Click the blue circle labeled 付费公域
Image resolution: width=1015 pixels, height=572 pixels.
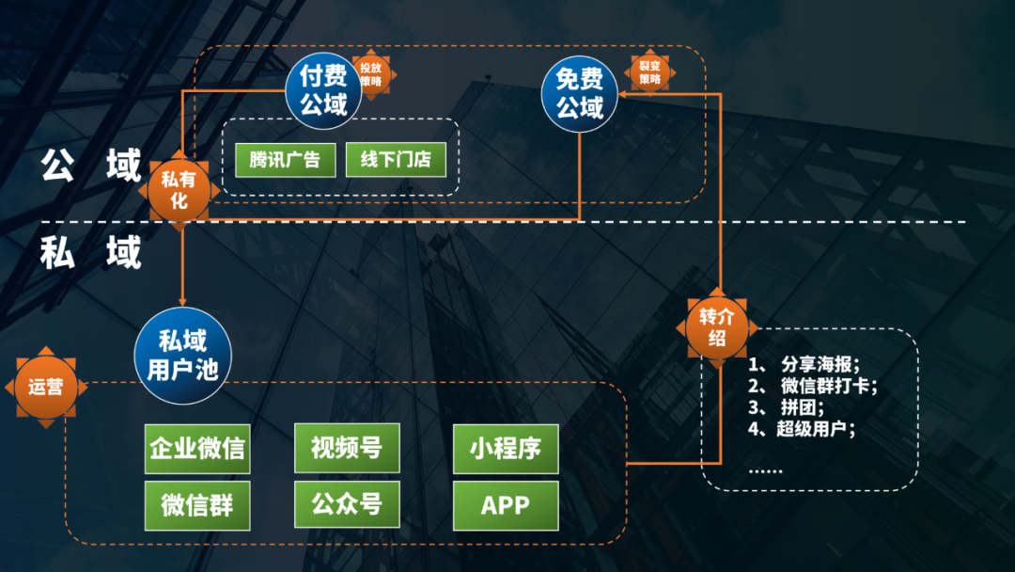coord(323,90)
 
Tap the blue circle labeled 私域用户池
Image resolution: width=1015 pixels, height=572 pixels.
coord(182,355)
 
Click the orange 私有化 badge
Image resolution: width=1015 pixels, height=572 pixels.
coord(179,190)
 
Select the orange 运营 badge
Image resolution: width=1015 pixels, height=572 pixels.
coord(45,386)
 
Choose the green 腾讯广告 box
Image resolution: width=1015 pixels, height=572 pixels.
coord(285,160)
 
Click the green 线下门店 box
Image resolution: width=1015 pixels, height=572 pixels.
coord(389,160)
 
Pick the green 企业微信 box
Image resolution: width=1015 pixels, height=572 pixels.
coord(196,448)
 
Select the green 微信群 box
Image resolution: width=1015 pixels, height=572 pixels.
coord(196,505)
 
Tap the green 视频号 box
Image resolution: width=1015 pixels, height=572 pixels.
coord(347,448)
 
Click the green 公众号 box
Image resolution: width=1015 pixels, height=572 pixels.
coord(347,505)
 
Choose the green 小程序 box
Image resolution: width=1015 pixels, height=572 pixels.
coord(506,448)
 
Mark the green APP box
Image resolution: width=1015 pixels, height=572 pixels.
coord(506,505)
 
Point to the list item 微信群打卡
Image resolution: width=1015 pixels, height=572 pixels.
coord(827,387)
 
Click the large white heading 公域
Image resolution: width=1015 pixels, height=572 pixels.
coord(91,165)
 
